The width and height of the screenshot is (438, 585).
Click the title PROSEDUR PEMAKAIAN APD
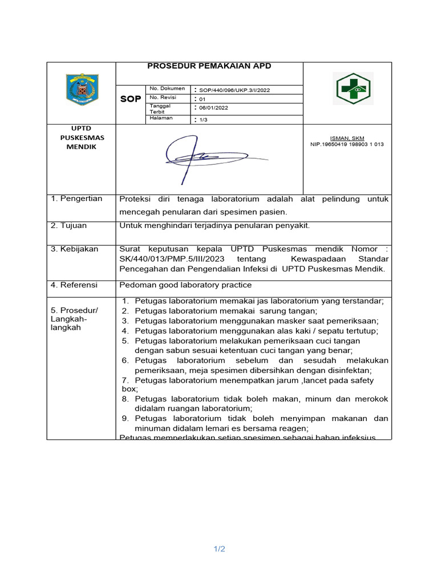(209, 66)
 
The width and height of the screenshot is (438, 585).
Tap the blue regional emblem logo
(82, 89)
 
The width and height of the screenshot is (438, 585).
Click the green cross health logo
(352, 89)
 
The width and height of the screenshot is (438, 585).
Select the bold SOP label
(131, 99)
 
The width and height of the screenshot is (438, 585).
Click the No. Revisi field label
(163, 98)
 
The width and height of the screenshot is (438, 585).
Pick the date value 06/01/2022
(214, 107)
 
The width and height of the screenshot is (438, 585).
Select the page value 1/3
(204, 119)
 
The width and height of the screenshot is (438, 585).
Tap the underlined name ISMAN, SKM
(347, 138)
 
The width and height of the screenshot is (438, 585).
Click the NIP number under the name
(347, 145)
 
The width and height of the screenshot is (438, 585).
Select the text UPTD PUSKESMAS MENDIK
(81, 138)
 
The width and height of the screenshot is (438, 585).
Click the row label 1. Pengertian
(77, 199)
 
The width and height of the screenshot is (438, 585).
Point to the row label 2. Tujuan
(69, 226)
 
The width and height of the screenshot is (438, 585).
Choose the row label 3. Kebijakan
(75, 249)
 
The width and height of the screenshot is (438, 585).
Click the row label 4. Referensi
(74, 285)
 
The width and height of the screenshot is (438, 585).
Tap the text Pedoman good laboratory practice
(185, 285)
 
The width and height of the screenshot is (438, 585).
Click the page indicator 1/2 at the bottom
(220, 549)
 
